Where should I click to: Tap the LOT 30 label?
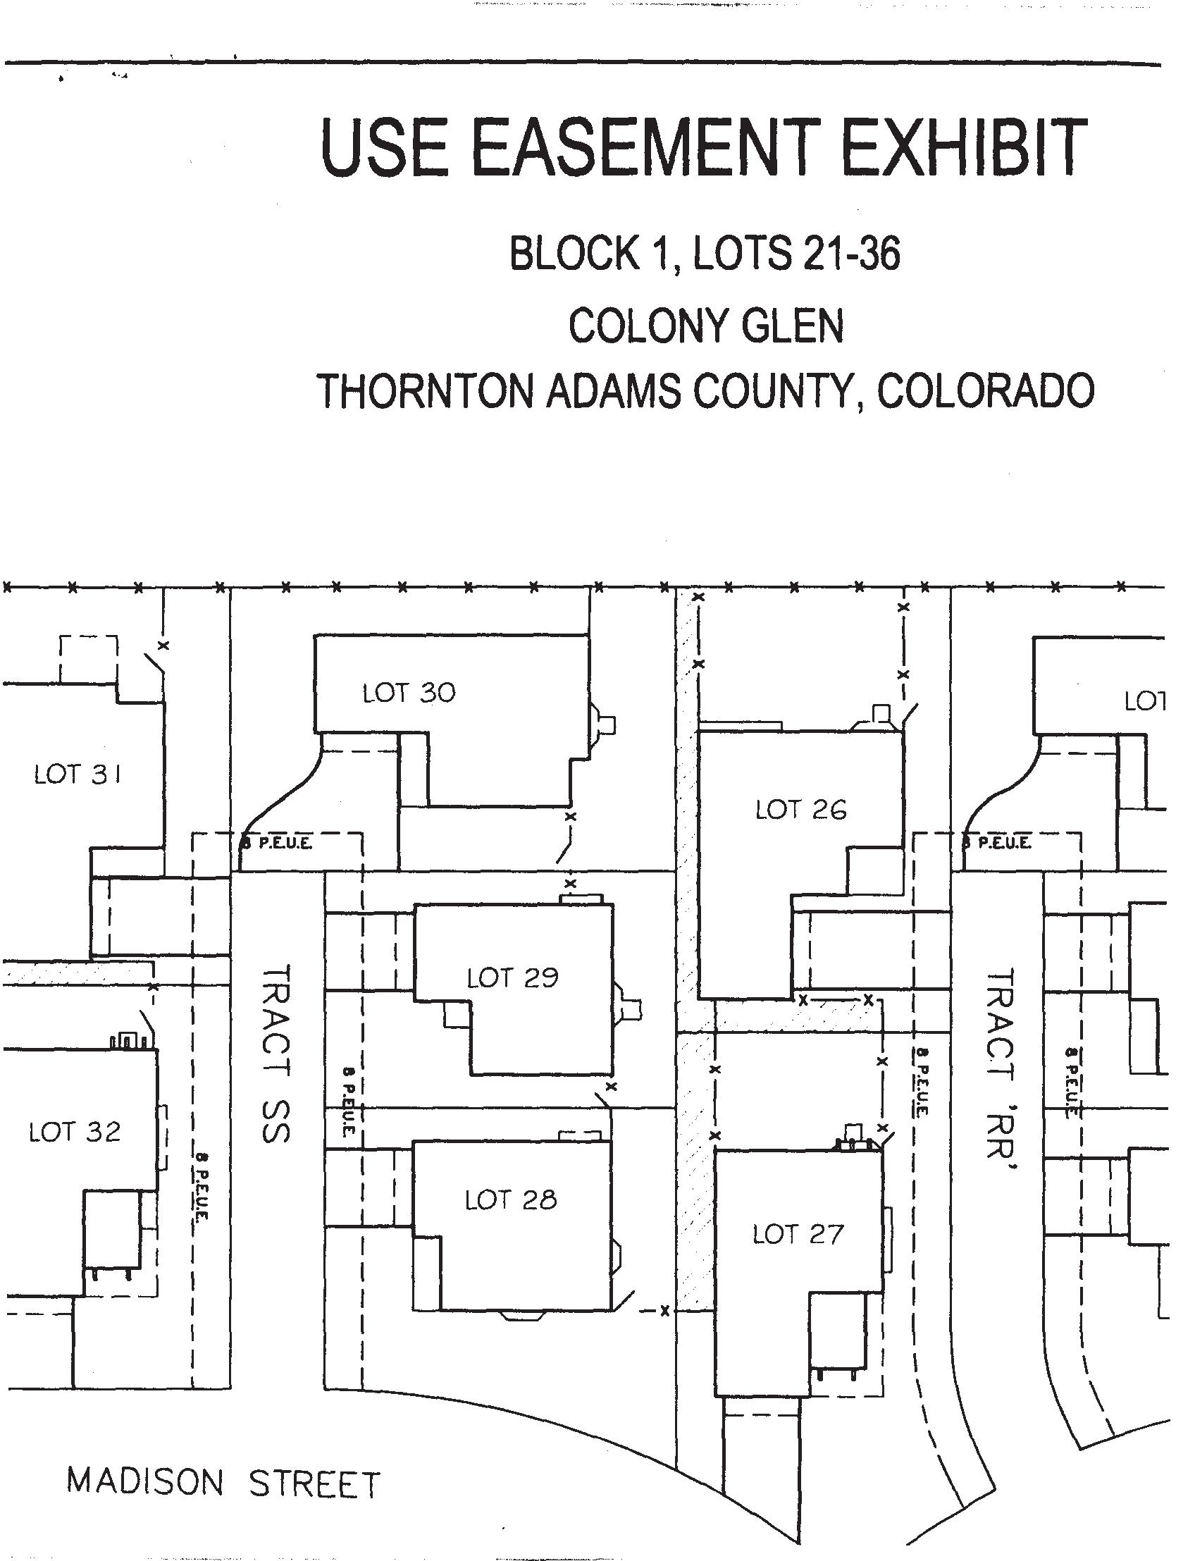[409, 693]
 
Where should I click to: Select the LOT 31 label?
[78, 774]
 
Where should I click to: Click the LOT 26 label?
[801, 810]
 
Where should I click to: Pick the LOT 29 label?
[512, 978]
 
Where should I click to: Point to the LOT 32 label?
[75, 1132]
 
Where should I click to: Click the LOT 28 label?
[511, 1201]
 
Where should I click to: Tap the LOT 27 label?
[798, 1235]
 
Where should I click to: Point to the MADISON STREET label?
[223, 1483]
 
